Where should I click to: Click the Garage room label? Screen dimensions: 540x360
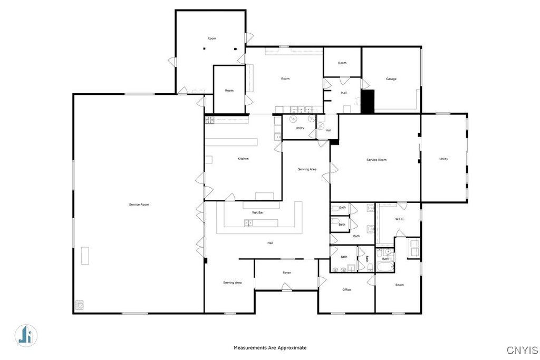pyautogui.click(x=391, y=79)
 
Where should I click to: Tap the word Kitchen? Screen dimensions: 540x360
pyautogui.click(x=243, y=159)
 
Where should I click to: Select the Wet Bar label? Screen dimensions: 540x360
pyautogui.click(x=257, y=213)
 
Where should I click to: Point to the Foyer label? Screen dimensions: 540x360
pyautogui.click(x=286, y=273)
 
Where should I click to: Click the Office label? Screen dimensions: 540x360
pyautogui.click(x=346, y=290)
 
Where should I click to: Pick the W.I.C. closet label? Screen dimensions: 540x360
pyautogui.click(x=400, y=219)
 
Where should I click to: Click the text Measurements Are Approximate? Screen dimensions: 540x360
pyautogui.click(x=270, y=347)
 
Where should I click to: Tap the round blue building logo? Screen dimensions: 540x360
pyautogui.click(x=26, y=335)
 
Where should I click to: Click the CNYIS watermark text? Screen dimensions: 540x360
pyautogui.click(x=522, y=350)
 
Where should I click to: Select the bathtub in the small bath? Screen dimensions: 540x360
pyautogui.click(x=384, y=267)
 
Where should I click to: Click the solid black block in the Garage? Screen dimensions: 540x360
pyautogui.click(x=367, y=101)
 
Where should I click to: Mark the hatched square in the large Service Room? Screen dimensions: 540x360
pyautogui.click(x=80, y=305)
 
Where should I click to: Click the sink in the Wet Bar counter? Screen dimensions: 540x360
pyautogui.click(x=248, y=223)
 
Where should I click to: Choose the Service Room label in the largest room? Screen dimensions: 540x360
pyautogui.click(x=139, y=205)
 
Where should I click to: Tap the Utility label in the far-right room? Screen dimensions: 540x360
pyautogui.click(x=443, y=159)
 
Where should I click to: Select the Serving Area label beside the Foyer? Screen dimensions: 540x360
pyautogui.click(x=232, y=283)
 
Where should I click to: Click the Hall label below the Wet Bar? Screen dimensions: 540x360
pyautogui.click(x=271, y=243)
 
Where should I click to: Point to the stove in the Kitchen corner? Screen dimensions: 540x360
pyautogui.click(x=209, y=120)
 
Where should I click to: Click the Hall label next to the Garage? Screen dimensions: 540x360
pyautogui.click(x=344, y=93)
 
